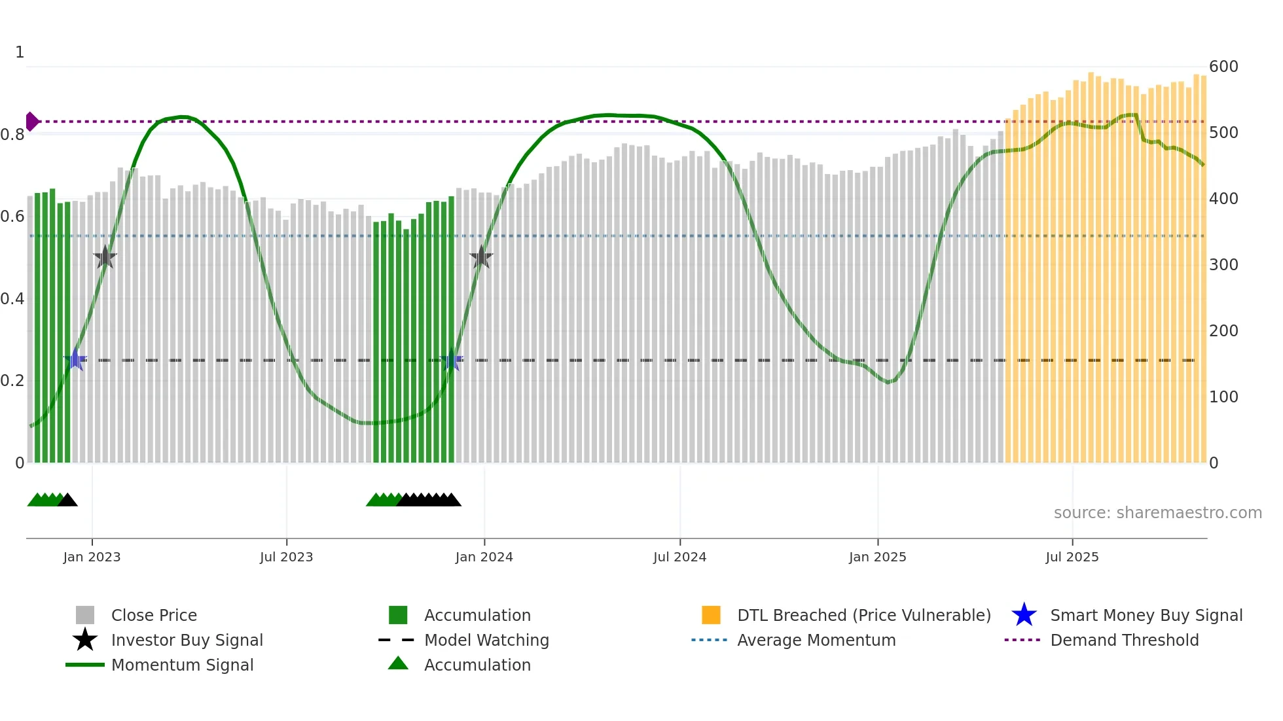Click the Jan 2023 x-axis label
(92, 557)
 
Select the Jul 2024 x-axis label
(679, 557)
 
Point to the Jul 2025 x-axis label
(1072, 557)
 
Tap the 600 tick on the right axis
(1223, 67)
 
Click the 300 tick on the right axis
(1223, 265)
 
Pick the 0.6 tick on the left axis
(12, 217)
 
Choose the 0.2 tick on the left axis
(12, 381)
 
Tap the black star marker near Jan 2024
(481, 257)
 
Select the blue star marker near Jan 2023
(75, 359)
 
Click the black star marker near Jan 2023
(105, 257)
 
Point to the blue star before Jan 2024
(452, 359)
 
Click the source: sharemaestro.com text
(1157, 513)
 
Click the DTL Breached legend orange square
(711, 615)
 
